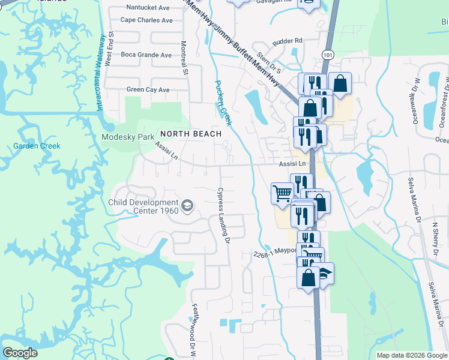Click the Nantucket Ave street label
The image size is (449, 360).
(148, 8)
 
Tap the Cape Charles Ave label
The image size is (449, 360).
(146, 20)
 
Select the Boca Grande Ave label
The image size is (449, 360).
(146, 55)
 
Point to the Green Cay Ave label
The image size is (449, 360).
(148, 90)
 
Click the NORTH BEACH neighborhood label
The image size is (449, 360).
(190, 133)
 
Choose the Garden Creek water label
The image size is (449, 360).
(36, 146)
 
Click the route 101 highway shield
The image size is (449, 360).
(327, 54)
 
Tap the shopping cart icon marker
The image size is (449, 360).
(282, 193)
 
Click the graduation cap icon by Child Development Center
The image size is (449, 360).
(187, 207)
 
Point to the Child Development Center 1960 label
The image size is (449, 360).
(143, 207)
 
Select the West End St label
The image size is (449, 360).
(109, 50)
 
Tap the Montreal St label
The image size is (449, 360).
(185, 58)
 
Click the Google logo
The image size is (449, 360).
(20, 353)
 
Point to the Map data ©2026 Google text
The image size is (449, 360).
(412, 355)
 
